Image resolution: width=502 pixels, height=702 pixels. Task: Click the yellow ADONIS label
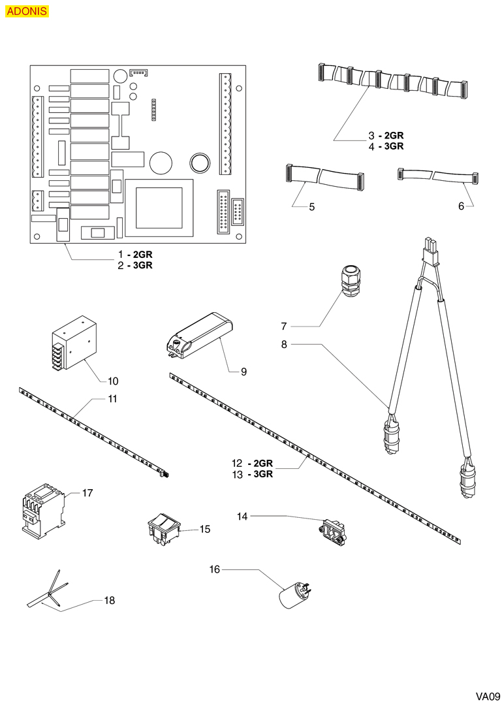pos(27,11)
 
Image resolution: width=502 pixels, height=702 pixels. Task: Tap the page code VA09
pos(487,695)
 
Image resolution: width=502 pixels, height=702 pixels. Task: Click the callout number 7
pos(284,325)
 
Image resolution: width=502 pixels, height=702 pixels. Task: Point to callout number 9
pos(243,372)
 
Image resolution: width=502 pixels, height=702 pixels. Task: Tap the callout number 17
pos(87,492)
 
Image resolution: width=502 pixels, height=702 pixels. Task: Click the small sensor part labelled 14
pos(333,530)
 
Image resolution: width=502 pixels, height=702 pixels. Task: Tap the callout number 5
pos(311,207)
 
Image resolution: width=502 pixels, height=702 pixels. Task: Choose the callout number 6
pos(461,206)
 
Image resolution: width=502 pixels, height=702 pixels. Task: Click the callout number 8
pos(284,344)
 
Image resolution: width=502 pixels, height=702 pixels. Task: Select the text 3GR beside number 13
pos(261,474)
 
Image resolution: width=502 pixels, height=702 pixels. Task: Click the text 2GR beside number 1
pos(143,253)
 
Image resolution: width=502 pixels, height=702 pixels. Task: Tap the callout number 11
pos(112,398)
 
